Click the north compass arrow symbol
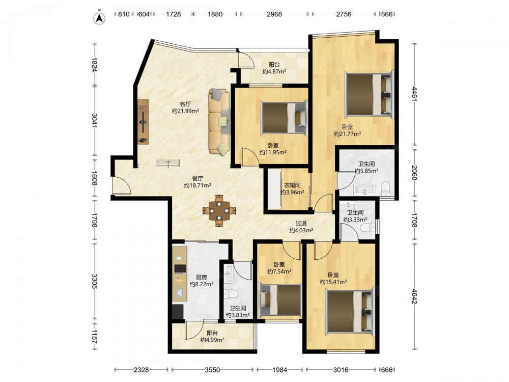click(100, 18)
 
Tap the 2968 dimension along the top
click(274, 14)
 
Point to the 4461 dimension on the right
click(414, 94)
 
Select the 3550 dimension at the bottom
click(212, 370)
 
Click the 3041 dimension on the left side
click(95, 121)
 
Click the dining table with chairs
click(219, 210)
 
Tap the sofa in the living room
click(220, 121)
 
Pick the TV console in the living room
click(143, 122)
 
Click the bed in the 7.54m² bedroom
click(280, 300)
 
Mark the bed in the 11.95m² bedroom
click(284, 117)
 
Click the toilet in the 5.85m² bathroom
click(385, 188)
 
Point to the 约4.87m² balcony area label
click(274, 72)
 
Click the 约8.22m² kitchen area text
click(202, 284)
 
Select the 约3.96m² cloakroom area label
click(293, 193)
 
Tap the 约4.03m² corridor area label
click(301, 230)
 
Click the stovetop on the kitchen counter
click(180, 268)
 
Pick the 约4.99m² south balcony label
click(212, 340)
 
